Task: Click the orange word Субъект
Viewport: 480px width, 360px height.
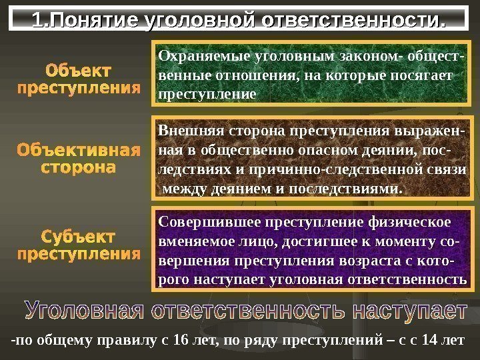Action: click(78, 237)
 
